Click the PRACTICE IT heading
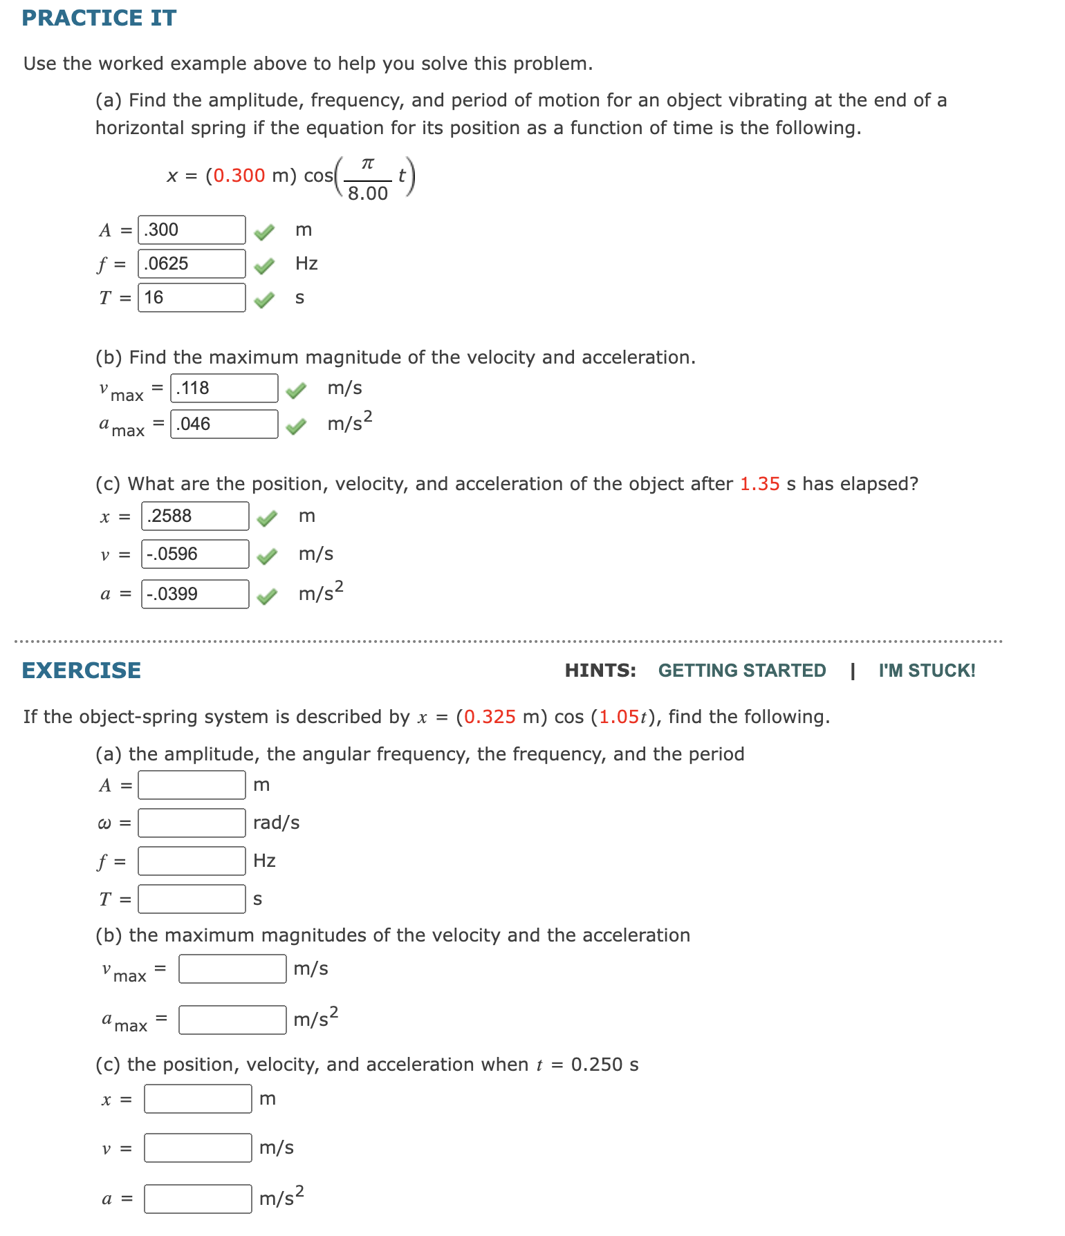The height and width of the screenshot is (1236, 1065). coord(99,18)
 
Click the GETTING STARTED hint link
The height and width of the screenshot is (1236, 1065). coord(741,671)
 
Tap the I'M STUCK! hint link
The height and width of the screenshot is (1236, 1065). coord(927,671)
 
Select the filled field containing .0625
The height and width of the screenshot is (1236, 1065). coord(192,263)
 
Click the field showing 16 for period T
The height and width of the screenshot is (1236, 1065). coord(192,297)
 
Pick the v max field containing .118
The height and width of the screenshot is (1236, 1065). coord(224,388)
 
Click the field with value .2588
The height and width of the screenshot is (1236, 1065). coord(195,516)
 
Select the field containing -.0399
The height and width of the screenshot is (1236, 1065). coord(195,594)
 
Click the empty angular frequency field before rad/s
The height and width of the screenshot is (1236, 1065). coord(192,823)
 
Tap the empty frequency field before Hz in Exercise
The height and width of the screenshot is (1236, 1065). coord(192,861)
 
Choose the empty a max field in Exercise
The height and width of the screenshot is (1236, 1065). coord(232,1020)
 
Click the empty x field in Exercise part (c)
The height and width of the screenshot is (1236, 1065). coord(198,1098)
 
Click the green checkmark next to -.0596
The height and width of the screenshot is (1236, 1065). coord(267,556)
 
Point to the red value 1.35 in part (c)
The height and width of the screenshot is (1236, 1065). coord(759,484)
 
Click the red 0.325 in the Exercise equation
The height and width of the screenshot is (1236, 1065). coord(490,717)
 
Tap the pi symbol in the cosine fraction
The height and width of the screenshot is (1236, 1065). coord(368,163)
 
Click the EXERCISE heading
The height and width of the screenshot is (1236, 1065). coord(82,671)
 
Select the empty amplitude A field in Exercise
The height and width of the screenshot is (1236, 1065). coord(192,785)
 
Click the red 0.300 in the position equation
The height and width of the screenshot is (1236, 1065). coord(239,176)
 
